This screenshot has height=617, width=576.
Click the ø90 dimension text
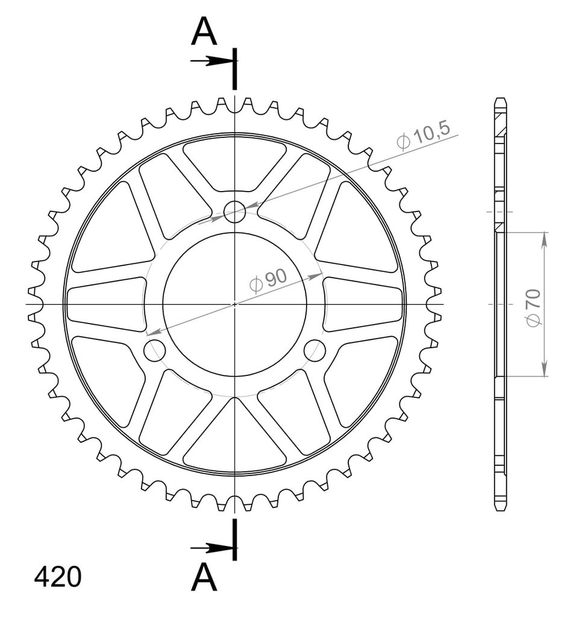(268, 281)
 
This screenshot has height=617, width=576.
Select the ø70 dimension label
(533, 307)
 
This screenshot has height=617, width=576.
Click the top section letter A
(204, 32)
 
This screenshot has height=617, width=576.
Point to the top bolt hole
(234, 211)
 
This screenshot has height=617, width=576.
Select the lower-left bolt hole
(155, 350)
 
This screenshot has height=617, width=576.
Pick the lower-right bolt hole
(315, 350)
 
